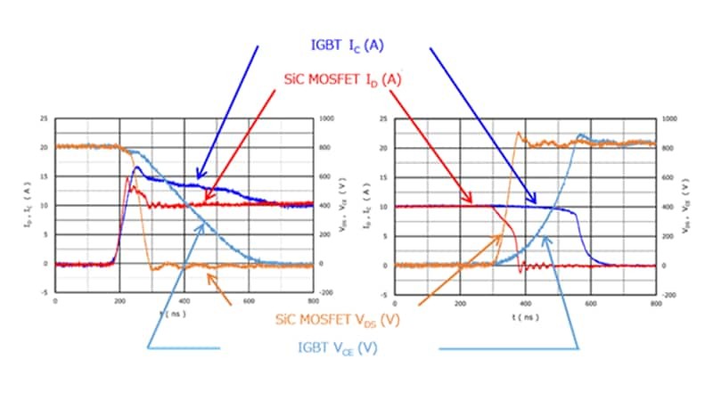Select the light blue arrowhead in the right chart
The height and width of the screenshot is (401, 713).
tap(545, 240)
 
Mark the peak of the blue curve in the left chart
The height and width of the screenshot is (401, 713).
tap(137, 167)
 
